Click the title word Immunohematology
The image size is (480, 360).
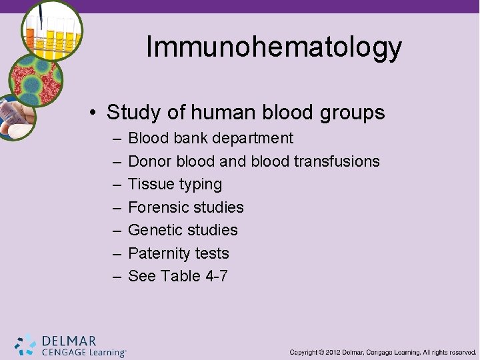pos(273,47)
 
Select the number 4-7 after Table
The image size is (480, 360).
pos(215,276)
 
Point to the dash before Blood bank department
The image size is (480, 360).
pos(117,139)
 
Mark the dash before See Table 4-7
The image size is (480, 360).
pos(117,276)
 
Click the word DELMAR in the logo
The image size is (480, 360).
pos(69,341)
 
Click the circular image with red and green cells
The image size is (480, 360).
pos(37,81)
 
